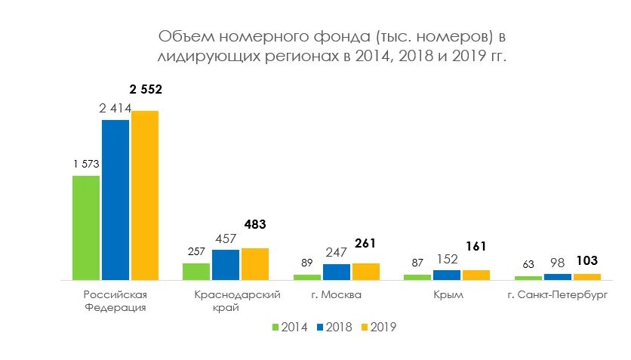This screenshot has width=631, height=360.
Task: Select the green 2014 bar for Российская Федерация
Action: [86, 228]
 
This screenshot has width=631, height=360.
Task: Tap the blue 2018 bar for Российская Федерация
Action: [115, 200]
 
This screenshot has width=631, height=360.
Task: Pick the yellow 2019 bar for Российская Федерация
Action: [145, 195]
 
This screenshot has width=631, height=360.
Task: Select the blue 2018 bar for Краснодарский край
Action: [226, 264]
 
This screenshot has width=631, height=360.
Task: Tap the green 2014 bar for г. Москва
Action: [307, 277]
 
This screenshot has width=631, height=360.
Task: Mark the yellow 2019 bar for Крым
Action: [476, 275]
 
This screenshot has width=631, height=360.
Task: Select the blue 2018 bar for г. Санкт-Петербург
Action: [557, 277]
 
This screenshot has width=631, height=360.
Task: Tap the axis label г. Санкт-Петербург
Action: [558, 295]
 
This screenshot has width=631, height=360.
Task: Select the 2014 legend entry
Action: [289, 327]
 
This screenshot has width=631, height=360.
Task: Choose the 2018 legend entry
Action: [334, 327]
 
